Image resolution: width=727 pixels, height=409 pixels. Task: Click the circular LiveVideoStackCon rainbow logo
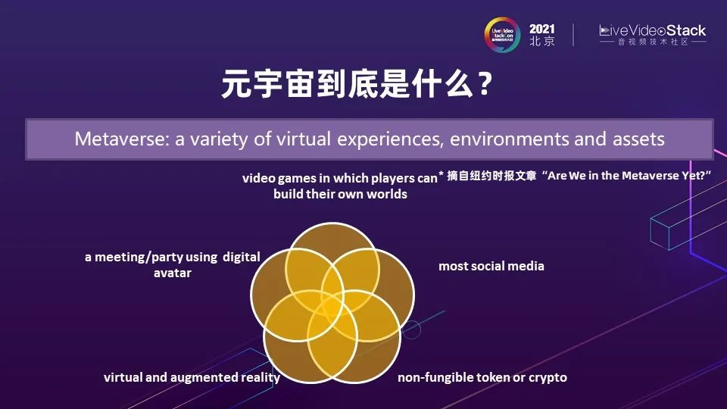[502, 34]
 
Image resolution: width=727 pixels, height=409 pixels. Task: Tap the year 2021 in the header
[542, 30]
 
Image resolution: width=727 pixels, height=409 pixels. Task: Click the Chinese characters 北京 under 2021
[542, 41]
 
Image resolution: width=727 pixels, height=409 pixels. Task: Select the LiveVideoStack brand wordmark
[652, 31]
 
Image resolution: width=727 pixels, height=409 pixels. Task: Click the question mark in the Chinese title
[485, 83]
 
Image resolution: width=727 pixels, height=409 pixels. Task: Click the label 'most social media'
[491, 266]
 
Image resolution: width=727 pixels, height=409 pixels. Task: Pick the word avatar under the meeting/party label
[173, 273]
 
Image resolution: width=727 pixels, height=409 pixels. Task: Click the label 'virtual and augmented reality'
[192, 377]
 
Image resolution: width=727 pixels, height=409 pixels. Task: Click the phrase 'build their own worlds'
[340, 194]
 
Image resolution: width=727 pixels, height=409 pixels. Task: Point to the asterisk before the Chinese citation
[442, 174]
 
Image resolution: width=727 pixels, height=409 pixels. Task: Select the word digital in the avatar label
[242, 257]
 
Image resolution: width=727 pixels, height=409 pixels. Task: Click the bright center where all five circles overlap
[332, 308]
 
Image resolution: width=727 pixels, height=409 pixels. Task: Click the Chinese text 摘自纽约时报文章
[491, 176]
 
